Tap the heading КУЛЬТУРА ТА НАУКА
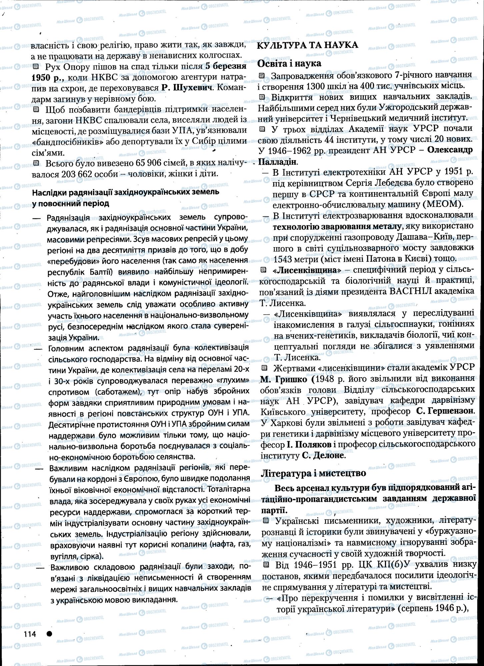(x=307, y=45)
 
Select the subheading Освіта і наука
(x=290, y=63)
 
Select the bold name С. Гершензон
(x=445, y=411)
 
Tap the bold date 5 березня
(x=226, y=66)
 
